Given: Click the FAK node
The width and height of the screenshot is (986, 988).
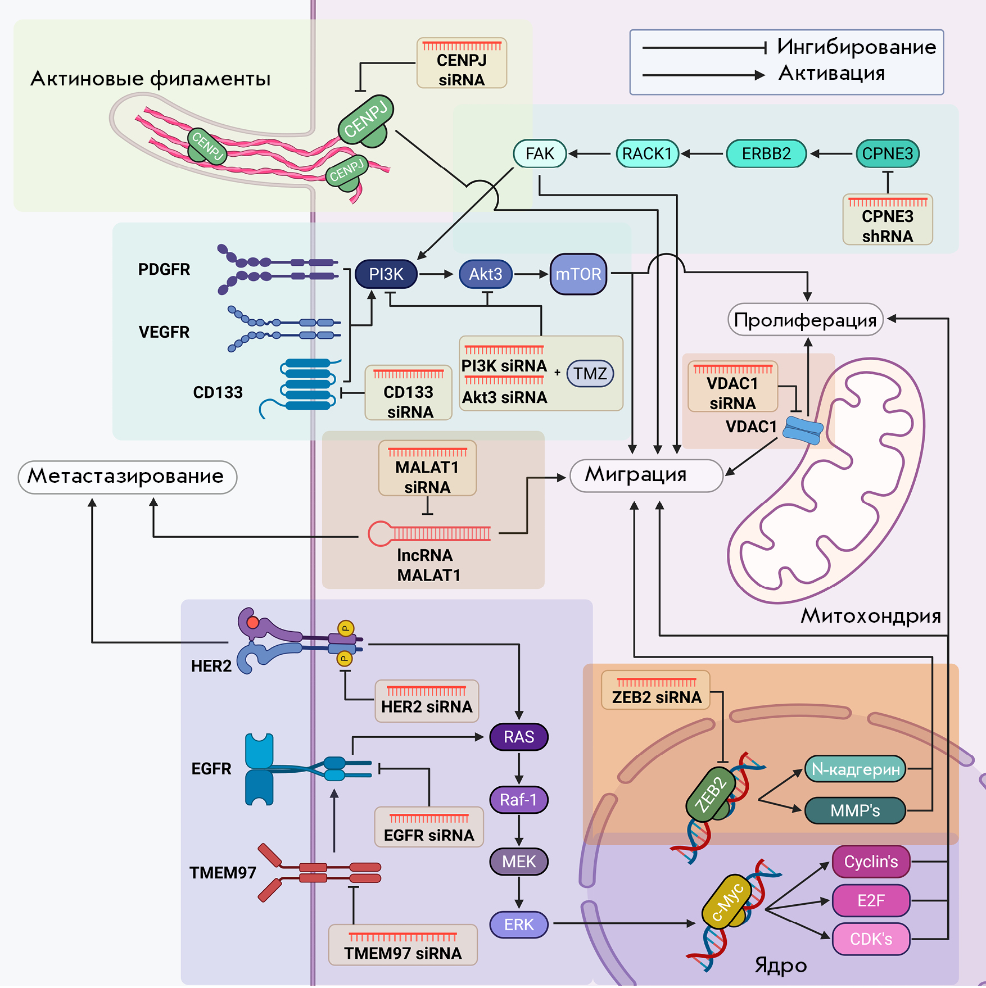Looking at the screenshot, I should click(x=540, y=153).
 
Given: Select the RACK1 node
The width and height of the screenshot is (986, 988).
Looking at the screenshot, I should click(x=647, y=153).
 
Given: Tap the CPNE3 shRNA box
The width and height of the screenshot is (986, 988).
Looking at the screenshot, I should click(x=887, y=220).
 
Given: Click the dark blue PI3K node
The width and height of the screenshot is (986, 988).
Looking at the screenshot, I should click(x=386, y=274).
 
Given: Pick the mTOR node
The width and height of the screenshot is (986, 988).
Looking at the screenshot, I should click(x=578, y=274).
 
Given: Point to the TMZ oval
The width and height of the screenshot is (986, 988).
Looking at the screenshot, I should click(x=590, y=374).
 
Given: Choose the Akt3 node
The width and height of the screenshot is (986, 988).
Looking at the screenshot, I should click(x=486, y=274).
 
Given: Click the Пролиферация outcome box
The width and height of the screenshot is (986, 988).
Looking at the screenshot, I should click(x=805, y=320).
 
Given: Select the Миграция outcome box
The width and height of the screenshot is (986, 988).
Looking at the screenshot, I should click(x=646, y=475).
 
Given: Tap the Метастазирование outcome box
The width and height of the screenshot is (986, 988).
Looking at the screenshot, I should click(x=127, y=477).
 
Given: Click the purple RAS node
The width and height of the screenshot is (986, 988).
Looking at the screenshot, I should click(x=518, y=737).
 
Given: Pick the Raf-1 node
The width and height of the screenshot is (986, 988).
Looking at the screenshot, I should click(x=518, y=800).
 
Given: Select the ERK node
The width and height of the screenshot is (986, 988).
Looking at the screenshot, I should click(x=518, y=924).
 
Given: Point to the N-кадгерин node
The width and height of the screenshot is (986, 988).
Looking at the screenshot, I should click(x=855, y=769).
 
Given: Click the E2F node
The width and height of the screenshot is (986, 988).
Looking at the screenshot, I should click(x=871, y=900).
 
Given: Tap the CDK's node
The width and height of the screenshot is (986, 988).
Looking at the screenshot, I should click(x=871, y=939).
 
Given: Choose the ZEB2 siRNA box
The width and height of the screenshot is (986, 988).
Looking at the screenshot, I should click(x=656, y=691).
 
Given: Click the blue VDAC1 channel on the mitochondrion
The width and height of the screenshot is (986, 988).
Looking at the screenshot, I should click(x=803, y=430).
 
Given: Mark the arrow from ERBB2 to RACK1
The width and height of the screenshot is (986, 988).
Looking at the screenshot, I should click(x=702, y=153).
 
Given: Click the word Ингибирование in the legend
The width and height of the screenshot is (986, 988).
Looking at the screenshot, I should click(x=856, y=47).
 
